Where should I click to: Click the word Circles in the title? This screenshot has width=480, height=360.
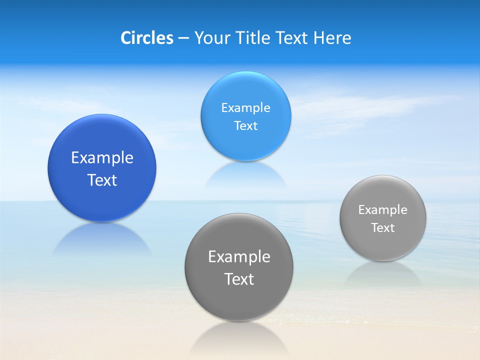coord(146,38)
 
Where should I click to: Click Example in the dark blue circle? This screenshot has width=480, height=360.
coord(102,158)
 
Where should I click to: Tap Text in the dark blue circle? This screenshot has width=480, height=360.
coord(102,180)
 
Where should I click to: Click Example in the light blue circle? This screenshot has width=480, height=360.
coord(245,108)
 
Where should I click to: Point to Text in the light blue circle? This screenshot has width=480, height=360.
coord(245,125)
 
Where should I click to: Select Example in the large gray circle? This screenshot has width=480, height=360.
coord(239,257)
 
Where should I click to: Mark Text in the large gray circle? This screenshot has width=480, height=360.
coord(239,279)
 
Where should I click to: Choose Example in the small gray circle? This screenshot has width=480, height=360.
coord(383,210)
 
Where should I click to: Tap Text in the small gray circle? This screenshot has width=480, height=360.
coord(383,228)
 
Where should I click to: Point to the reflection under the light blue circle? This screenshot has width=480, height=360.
coord(245,175)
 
